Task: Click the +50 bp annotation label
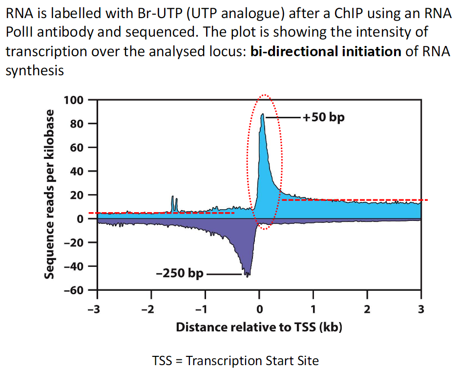(x=324, y=118)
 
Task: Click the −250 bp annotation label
(x=180, y=273)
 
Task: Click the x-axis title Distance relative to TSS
(x=259, y=327)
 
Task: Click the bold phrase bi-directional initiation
(x=326, y=51)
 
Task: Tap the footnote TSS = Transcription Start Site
(x=235, y=361)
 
